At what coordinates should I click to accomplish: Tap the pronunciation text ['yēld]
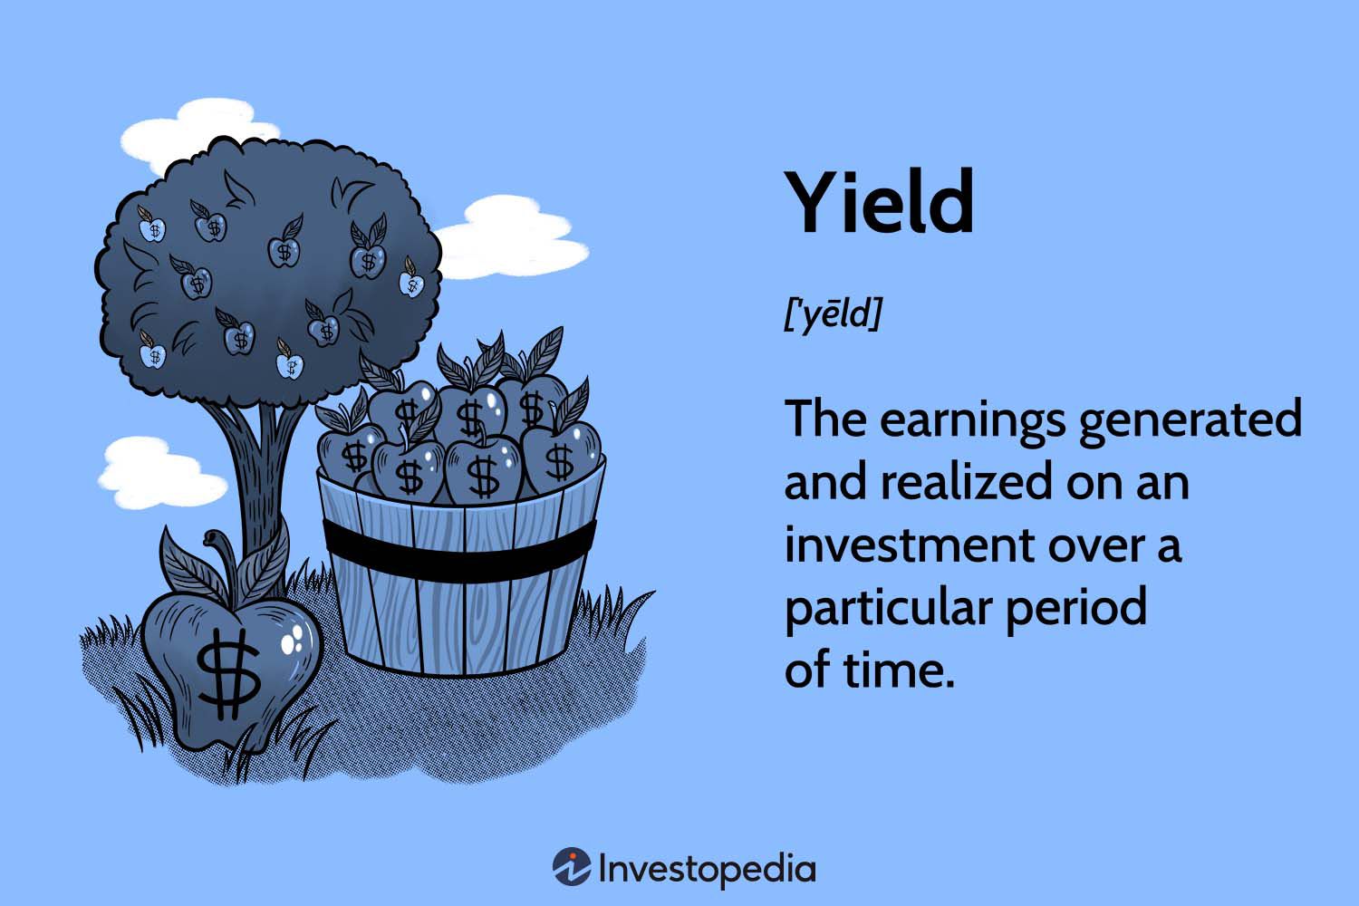832,313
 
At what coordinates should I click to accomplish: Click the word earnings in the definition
972,420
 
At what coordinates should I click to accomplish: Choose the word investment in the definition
909,545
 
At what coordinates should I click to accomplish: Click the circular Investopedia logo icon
572,868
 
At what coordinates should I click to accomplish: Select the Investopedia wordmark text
707,869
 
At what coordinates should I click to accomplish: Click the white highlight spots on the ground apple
294,641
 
